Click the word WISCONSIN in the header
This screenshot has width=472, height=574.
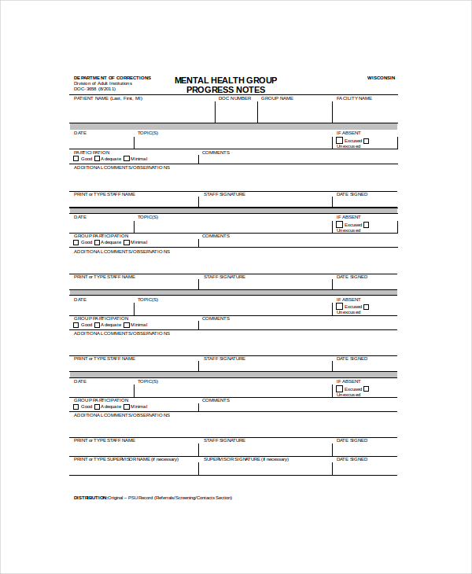pyautogui.click(x=382, y=78)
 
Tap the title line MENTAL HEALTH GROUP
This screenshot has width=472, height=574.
pyautogui.click(x=225, y=80)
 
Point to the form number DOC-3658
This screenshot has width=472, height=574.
pyautogui.click(x=84, y=89)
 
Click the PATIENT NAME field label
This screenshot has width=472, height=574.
pyautogui.click(x=108, y=98)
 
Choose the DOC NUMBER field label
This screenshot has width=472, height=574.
pyautogui.click(x=234, y=98)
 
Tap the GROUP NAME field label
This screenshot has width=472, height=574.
pyautogui.click(x=277, y=98)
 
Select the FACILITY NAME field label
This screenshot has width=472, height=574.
pyautogui.click(x=354, y=98)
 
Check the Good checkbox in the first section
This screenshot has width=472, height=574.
pyautogui.click(x=76, y=159)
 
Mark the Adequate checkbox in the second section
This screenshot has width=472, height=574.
pyautogui.click(x=98, y=242)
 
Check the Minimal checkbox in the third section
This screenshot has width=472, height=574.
pyautogui.click(x=127, y=325)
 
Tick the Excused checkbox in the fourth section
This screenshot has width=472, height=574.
pyautogui.click(x=340, y=389)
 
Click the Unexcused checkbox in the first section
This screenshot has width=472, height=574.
pyautogui.click(x=367, y=142)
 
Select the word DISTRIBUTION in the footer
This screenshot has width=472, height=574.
pyautogui.click(x=90, y=498)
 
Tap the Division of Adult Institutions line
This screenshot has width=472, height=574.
pyautogui.click(x=104, y=83)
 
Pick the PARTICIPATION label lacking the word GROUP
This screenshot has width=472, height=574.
pyautogui.click(x=92, y=153)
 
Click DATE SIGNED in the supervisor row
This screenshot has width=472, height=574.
pyautogui.click(x=352, y=459)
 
